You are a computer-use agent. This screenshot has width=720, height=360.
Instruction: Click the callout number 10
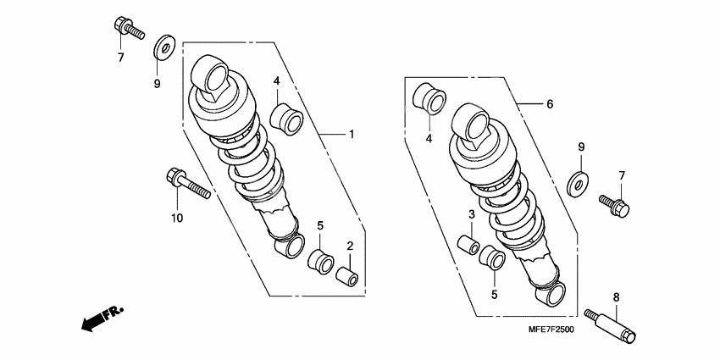[177, 218]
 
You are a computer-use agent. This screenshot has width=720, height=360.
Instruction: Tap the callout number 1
[352, 135]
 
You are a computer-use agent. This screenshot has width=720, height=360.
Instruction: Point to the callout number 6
[550, 104]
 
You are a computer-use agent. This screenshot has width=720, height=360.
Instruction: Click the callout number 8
[616, 297]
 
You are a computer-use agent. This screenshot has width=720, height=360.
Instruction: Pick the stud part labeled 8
[610, 326]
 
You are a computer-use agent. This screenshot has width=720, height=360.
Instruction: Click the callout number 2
[350, 246]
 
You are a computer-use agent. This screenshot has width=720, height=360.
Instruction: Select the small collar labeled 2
[347, 276]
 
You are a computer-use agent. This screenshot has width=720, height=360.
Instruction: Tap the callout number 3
[472, 214]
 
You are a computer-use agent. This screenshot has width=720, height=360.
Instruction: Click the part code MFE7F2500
[551, 330]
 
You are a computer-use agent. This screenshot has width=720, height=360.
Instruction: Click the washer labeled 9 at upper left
[164, 47]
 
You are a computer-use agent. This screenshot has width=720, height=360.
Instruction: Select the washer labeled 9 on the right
[579, 185]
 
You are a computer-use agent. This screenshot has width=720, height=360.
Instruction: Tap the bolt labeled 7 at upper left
[129, 28]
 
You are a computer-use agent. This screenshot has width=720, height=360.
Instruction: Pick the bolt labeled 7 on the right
[614, 205]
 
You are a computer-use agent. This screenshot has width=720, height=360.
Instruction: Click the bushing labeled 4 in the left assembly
[286, 119]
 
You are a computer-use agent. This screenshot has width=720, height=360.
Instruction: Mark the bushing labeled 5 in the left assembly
[320, 262]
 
